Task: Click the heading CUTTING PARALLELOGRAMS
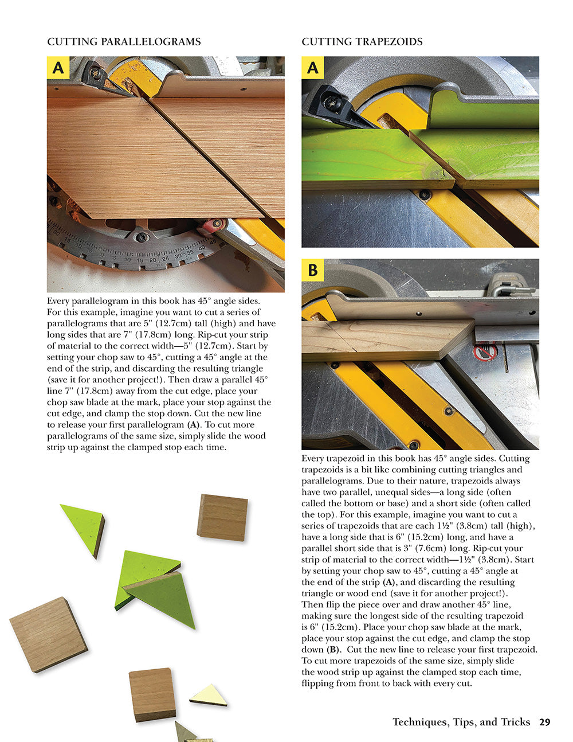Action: coord(124,42)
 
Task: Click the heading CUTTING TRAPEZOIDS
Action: coord(362,42)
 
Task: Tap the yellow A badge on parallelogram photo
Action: coord(58,68)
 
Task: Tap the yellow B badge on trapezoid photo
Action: coord(313,270)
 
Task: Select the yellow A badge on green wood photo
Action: coord(313,68)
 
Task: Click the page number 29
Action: coord(544,722)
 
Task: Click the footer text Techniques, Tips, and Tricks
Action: coord(461,722)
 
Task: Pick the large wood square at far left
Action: coord(48,633)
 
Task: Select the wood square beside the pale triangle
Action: coord(151,694)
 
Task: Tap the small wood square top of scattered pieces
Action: coord(223,517)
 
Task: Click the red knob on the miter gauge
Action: coord(211,225)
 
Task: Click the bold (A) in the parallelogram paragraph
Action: coord(194,425)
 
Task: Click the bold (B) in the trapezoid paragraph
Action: coord(333,650)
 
